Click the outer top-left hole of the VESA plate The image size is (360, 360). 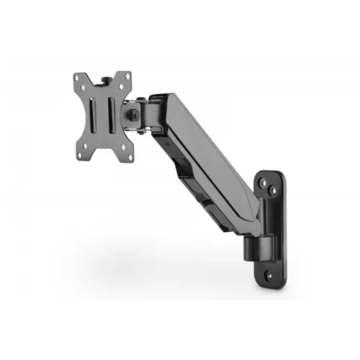(x=77, y=77)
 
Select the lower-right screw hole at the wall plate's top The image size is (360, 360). (x=274, y=190)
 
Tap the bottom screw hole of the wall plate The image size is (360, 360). (x=269, y=277)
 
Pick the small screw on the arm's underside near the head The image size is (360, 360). (x=157, y=143)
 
